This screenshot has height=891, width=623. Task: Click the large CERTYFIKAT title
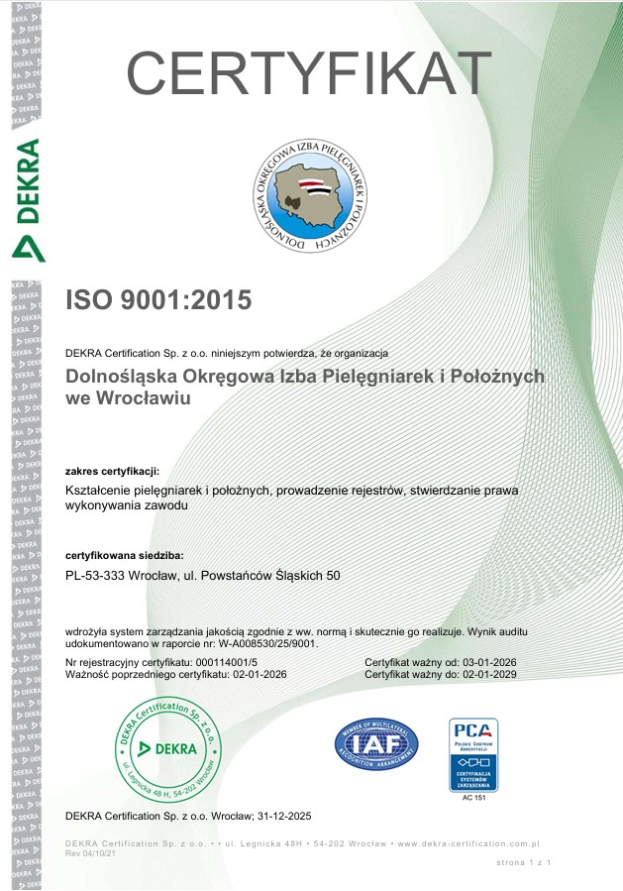[309, 72]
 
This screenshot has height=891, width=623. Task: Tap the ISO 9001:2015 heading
[158, 299]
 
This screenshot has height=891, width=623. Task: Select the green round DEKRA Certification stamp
[171, 747]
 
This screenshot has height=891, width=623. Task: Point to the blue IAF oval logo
[376, 743]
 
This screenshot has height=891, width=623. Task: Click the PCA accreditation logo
[473, 754]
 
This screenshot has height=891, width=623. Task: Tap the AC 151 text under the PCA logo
[473, 797]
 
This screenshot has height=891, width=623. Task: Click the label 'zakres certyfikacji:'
[112, 470]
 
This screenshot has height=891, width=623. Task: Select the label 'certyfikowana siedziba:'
[124, 555]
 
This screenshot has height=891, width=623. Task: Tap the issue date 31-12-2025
[280, 816]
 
